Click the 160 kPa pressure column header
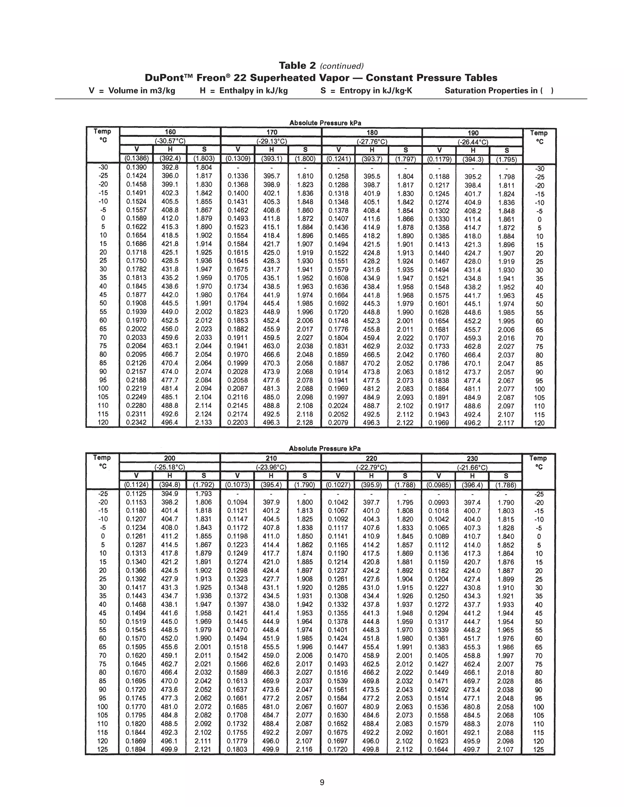coord(170,132)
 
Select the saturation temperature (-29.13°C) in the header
coord(272,141)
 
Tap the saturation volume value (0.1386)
coord(136,159)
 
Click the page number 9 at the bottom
coord(322,782)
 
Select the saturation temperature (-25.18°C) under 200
coord(170,467)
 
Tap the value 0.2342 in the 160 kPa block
coord(136,422)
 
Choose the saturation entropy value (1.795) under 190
coord(506,160)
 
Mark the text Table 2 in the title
coord(298,66)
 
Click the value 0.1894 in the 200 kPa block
coord(136,749)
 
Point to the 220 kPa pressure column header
coord(371,458)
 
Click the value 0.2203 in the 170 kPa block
coord(238,422)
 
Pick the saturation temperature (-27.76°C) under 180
coord(372,141)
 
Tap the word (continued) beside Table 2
coord(342,66)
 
